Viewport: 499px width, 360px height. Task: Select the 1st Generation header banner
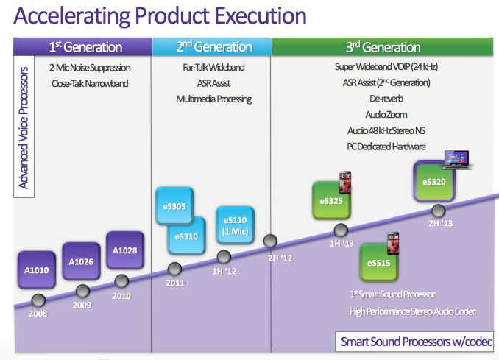click(x=85, y=46)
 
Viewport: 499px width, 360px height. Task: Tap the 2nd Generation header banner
click(x=211, y=46)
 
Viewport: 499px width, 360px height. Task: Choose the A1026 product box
click(x=80, y=261)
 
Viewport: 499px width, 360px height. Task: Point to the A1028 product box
click(x=124, y=250)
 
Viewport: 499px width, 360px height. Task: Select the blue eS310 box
click(x=185, y=236)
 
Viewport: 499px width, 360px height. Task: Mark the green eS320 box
click(x=434, y=181)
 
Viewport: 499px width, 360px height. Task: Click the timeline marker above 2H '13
click(x=440, y=210)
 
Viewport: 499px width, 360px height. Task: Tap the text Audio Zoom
click(x=386, y=115)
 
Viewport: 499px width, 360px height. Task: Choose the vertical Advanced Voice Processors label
click(x=24, y=127)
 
